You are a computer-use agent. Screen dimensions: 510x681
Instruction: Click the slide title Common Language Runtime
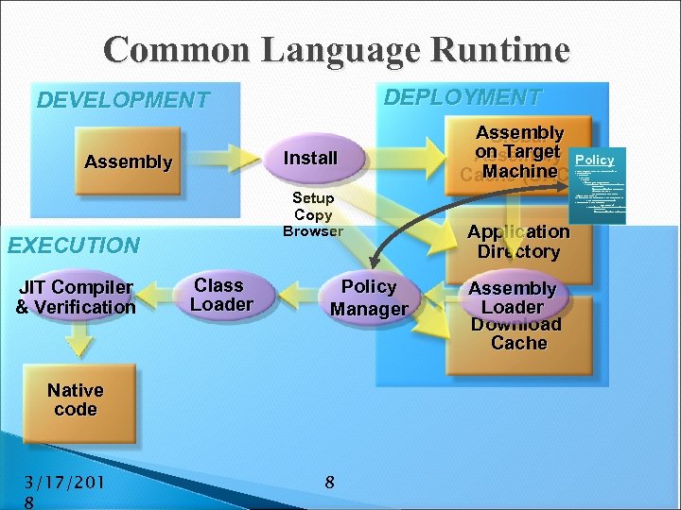[338, 49]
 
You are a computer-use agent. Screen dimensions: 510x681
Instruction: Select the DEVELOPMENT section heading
[122, 100]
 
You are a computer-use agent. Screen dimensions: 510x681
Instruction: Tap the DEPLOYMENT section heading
[463, 97]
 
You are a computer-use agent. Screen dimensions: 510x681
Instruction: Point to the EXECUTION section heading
[73, 246]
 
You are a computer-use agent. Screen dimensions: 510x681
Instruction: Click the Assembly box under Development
[128, 161]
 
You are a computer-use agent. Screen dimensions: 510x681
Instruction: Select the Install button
[311, 159]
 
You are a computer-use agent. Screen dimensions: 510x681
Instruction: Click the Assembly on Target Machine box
[518, 152]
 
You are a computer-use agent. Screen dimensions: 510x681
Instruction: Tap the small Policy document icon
[595, 184]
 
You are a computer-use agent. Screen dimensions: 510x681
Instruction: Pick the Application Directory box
[518, 242]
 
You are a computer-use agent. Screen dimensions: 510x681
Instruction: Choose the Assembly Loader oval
[512, 297]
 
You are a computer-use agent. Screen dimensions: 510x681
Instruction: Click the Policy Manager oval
[369, 297]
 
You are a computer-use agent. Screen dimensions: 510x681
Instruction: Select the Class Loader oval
[220, 295]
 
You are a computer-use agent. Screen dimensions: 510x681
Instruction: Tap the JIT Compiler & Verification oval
[76, 297]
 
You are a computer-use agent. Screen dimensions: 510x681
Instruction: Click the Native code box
[76, 399]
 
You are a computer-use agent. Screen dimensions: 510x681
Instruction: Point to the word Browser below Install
[313, 231]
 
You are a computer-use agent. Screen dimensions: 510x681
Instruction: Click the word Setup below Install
[313, 198]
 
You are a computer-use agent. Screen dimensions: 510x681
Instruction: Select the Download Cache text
[517, 334]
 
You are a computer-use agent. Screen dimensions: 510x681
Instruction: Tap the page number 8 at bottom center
[329, 483]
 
